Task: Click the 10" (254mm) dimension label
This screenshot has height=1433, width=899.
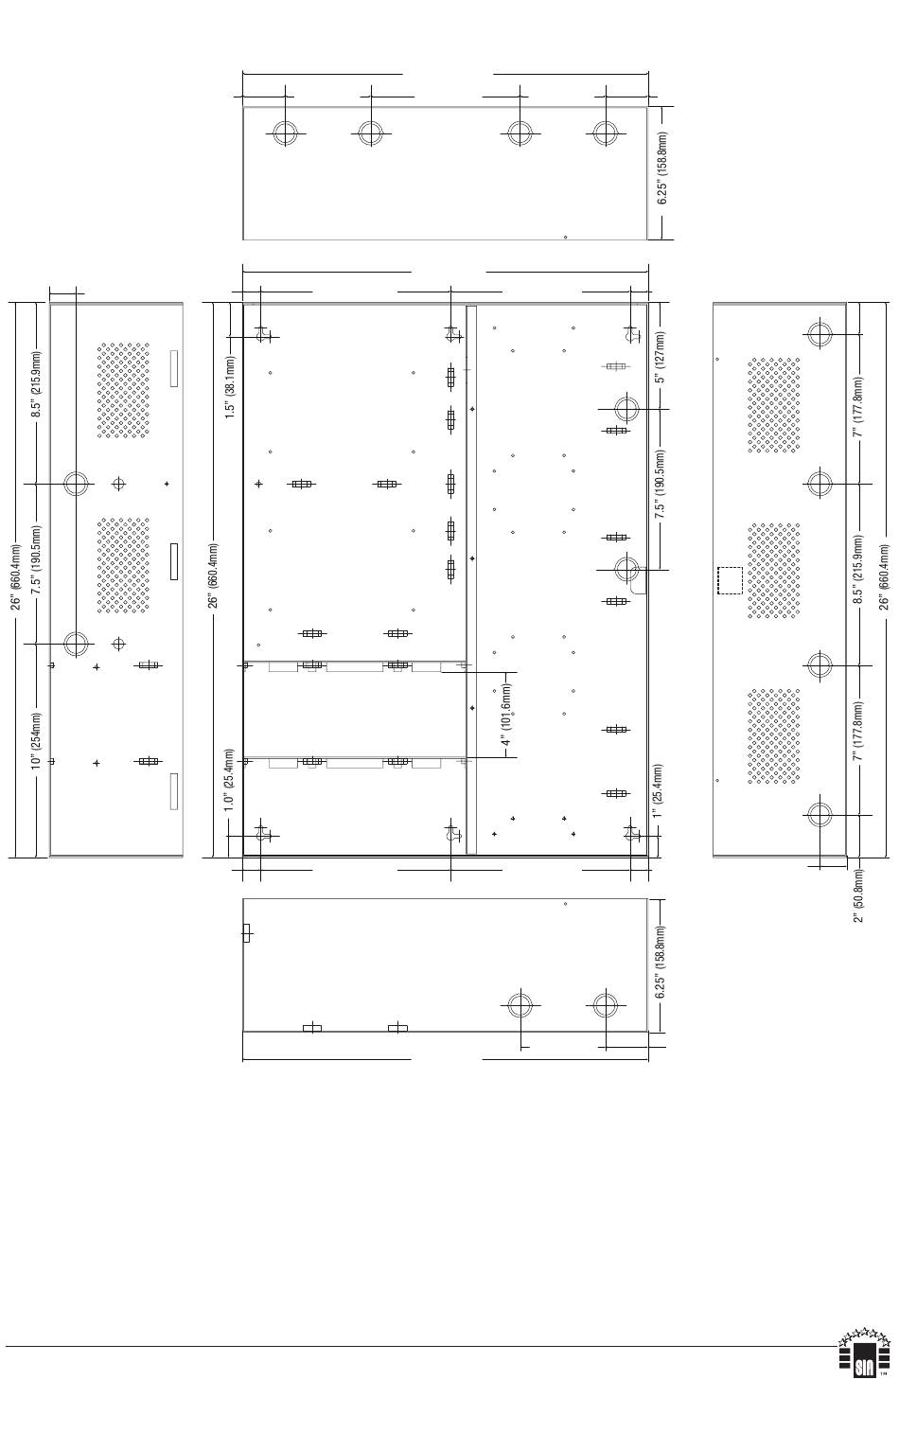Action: tap(36, 741)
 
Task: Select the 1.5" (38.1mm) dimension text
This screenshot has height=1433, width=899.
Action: tap(230, 387)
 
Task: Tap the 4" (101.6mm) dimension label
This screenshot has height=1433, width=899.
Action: tap(505, 715)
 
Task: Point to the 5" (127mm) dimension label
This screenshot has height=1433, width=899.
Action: tap(660, 357)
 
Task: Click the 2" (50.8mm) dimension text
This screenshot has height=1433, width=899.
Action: tap(858, 895)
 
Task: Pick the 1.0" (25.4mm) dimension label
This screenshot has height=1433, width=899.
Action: tap(229, 780)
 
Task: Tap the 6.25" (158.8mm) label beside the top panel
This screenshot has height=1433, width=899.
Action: tap(662, 168)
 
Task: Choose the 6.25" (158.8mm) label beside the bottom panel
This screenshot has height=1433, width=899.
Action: tap(661, 962)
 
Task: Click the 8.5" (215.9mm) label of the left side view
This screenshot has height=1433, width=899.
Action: tap(37, 384)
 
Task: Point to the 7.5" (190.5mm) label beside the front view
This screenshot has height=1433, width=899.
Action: tap(660, 485)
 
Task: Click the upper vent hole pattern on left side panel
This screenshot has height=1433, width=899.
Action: tap(123, 390)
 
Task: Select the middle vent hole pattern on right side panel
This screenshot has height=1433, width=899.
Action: tap(774, 571)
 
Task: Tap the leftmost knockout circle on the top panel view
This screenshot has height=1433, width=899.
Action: tap(285, 133)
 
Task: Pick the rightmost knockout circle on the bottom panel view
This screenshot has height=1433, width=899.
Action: tap(605, 1005)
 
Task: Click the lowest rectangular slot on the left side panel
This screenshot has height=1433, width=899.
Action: tap(174, 791)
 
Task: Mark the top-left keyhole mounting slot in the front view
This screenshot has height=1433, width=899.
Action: tap(261, 334)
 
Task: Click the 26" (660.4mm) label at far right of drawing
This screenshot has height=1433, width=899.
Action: tap(884, 577)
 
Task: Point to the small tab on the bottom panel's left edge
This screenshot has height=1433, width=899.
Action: tap(247, 933)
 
